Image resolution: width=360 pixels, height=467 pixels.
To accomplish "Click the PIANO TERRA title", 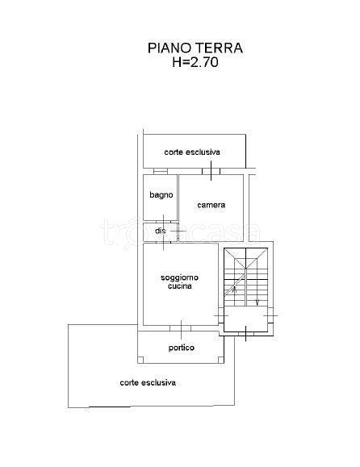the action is tap(195, 48).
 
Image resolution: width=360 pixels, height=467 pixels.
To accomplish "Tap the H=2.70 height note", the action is tap(195, 62).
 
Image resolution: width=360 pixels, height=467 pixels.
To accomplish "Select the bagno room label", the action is tap(161, 195).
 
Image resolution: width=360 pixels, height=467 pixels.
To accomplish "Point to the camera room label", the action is tap(211, 205).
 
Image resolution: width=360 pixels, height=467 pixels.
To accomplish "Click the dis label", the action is tap(161, 231).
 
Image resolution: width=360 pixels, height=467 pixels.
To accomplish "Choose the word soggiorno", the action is tap(179, 278).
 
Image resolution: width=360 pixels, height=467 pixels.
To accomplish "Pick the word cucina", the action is tap(180, 286).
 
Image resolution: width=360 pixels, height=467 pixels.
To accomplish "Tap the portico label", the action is tap(181, 348).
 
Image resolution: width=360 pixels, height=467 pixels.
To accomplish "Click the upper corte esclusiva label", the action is tap(192, 152).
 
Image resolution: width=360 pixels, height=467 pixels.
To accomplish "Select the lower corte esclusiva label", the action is tap(148, 382).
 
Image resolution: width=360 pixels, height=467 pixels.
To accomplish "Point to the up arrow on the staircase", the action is tap(234, 290).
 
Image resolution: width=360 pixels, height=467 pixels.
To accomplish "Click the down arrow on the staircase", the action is tap(257, 302).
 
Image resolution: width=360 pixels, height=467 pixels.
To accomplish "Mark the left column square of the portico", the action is tap(140, 360).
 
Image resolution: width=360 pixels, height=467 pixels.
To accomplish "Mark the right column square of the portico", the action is tap(221, 360).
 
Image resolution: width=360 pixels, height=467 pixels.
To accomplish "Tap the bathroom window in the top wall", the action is tap(161, 171).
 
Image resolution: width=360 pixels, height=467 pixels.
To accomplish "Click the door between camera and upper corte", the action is tap(211, 171).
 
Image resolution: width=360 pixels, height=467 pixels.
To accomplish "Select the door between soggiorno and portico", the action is tap(181, 328).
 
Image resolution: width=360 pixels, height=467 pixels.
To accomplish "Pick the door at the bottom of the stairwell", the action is tap(246, 334).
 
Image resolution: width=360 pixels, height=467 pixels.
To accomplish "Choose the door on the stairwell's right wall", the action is tap(270, 315).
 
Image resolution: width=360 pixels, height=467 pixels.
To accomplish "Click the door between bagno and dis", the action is tap(163, 222).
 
